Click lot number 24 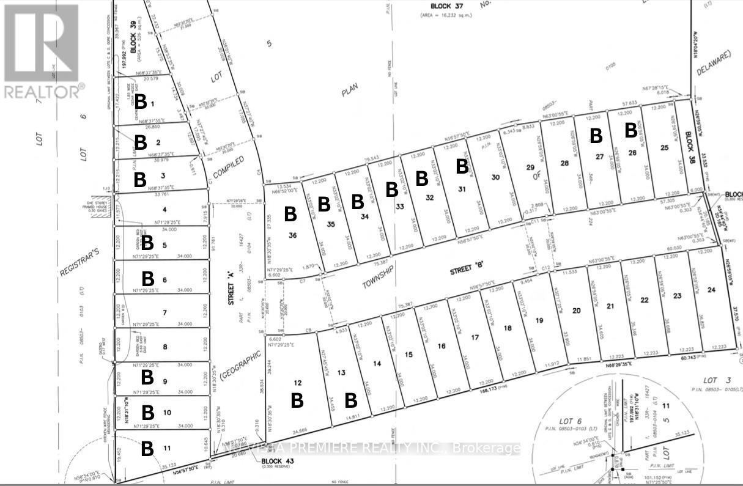[711, 289]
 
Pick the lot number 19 [539, 320]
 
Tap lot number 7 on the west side [164, 312]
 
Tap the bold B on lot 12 [297, 400]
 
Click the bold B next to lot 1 [141, 101]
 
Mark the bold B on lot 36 [290, 214]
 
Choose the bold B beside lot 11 [147, 449]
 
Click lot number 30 [495, 177]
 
